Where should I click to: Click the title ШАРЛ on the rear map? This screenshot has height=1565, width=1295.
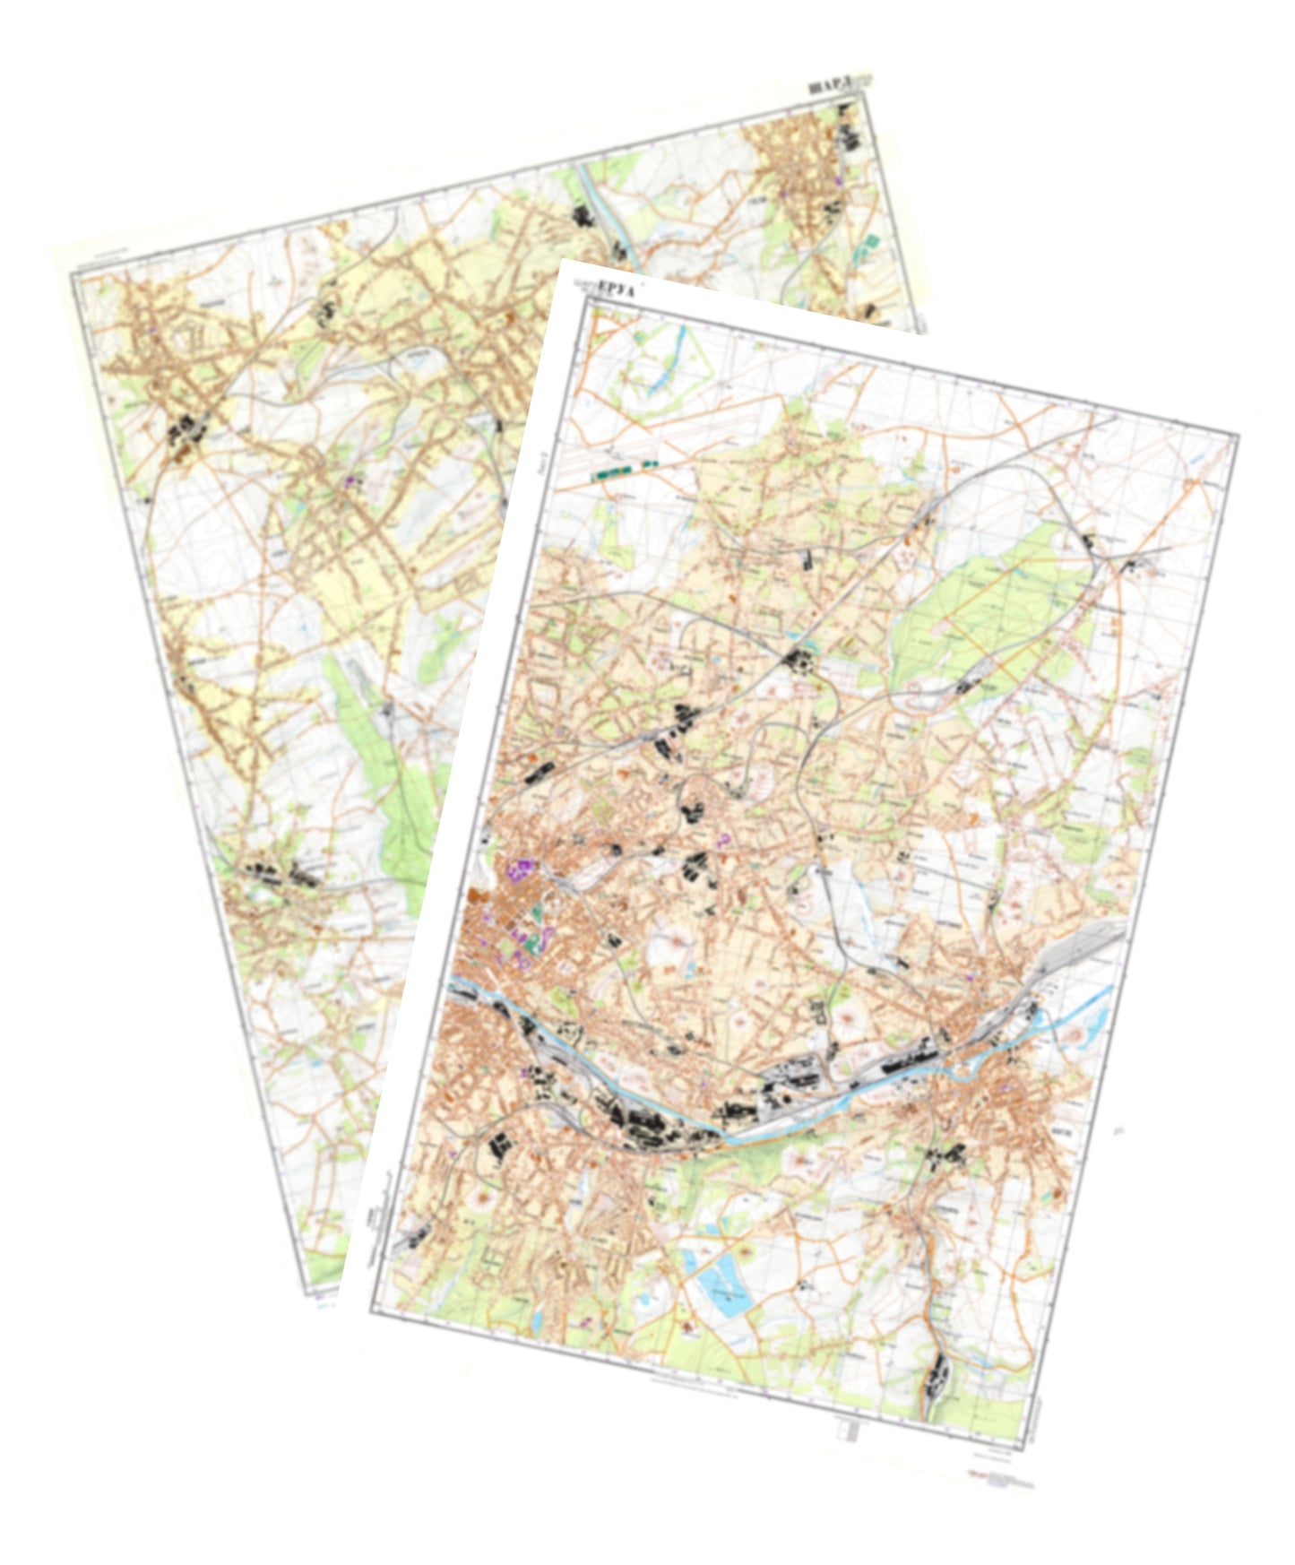(x=825, y=87)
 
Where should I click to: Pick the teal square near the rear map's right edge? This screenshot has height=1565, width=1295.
(x=870, y=244)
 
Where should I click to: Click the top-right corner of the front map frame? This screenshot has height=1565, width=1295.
(x=1238, y=437)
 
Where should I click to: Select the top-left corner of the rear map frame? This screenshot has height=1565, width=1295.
(x=72, y=274)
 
